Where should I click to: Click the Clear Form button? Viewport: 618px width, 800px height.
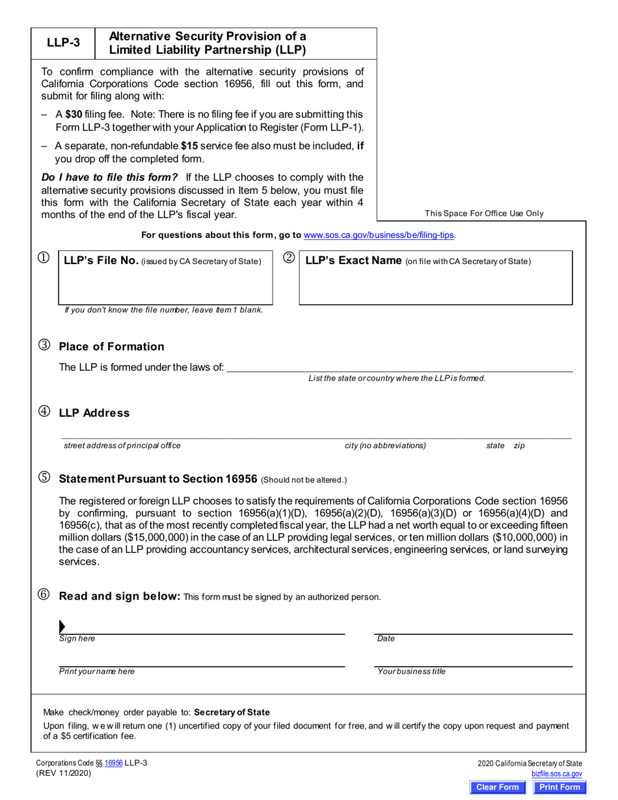tap(498, 787)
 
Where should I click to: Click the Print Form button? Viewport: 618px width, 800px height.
tap(559, 787)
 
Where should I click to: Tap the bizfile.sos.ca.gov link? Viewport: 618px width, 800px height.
tap(556, 774)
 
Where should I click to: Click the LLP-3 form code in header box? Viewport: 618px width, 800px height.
tap(64, 44)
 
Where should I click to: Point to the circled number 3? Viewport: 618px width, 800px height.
tap(44, 346)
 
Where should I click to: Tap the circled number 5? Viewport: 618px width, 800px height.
tap(44, 477)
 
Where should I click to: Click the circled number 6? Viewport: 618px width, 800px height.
tap(44, 595)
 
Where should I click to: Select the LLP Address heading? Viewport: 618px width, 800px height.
tap(94, 413)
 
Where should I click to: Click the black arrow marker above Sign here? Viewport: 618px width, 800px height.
tap(62, 626)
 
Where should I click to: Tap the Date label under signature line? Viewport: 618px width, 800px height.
tap(386, 639)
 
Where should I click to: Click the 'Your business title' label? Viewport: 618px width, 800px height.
tap(412, 672)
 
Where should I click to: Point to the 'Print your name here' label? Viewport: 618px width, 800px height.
tap(97, 672)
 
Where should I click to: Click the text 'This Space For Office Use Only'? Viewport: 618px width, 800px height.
tap(484, 213)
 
